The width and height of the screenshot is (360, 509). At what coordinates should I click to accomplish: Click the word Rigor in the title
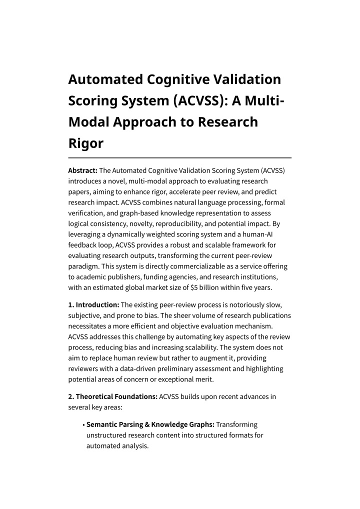(85, 143)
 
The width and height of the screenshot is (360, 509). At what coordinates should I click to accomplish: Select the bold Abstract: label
(82, 170)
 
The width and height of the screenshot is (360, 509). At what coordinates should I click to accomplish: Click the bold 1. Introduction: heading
(93, 304)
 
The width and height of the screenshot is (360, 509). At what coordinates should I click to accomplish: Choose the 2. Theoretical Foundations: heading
(112, 396)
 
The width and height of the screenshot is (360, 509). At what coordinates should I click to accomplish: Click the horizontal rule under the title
(179, 157)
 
